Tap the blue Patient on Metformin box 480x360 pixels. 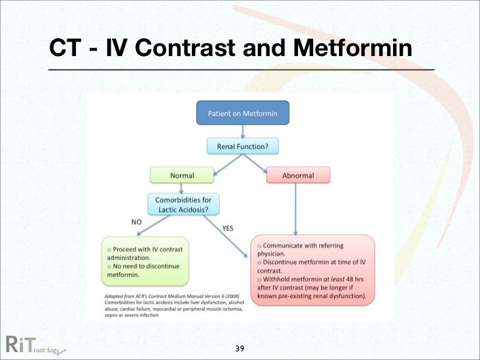(243, 113)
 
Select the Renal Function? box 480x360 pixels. (243, 145)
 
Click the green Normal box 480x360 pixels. (182, 175)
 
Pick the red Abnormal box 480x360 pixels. (298, 175)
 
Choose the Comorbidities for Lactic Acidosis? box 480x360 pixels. (183, 204)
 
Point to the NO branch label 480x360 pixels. (136, 222)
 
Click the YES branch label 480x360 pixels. (227, 229)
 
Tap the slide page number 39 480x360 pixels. (240, 347)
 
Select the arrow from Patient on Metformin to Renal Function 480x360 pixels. (243, 131)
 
